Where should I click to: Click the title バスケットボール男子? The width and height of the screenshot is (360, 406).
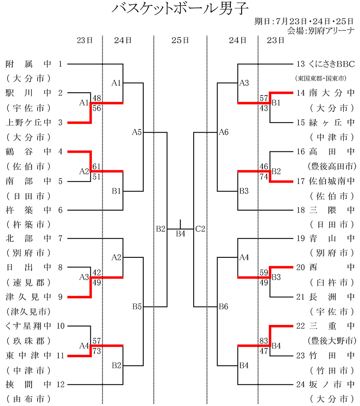point(180,9)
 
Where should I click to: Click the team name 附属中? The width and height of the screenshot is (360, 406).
point(29,64)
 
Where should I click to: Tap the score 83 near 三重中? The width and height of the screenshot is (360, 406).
point(264,341)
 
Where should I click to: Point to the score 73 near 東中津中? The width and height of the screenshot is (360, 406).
point(96,351)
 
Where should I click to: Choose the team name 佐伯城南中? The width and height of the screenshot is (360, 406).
point(332,181)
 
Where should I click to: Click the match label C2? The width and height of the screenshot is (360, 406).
point(200,229)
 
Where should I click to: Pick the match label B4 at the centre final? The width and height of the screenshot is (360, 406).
point(181,234)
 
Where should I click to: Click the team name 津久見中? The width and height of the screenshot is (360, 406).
point(29,297)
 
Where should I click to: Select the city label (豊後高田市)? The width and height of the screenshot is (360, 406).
point(332,166)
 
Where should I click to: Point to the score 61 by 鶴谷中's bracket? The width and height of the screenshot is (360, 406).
point(96,166)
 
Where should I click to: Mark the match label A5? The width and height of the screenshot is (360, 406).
point(137,132)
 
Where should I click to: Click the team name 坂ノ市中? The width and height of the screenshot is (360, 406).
point(332,385)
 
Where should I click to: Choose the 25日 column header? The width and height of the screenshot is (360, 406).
point(180,40)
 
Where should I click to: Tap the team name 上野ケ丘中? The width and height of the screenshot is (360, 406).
point(29,122)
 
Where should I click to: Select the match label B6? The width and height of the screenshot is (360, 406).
point(223,307)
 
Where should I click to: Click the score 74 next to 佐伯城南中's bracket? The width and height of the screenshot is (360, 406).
point(264,176)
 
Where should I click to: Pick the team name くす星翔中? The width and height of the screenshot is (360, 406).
point(29,326)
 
